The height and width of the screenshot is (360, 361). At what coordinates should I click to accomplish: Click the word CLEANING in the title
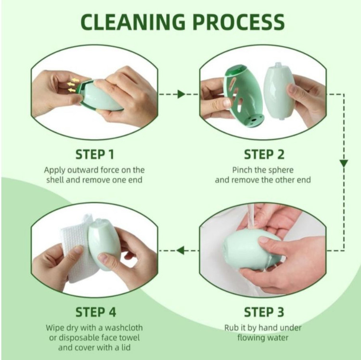coord(133,22)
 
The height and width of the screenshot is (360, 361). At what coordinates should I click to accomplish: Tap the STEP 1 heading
coord(95,154)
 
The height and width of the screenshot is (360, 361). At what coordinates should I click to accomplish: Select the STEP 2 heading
coord(264,154)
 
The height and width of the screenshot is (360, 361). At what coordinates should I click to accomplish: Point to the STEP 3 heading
coord(264,312)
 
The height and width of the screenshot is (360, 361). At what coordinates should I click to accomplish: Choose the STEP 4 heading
coord(96,312)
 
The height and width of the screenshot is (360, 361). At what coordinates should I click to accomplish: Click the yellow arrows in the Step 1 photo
coord(73,85)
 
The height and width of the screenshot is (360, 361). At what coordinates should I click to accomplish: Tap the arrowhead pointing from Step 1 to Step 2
coord(181,94)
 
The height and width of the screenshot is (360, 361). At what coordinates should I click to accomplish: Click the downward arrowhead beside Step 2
coord(344,164)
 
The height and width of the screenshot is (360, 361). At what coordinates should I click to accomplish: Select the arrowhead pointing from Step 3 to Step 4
coord(180,250)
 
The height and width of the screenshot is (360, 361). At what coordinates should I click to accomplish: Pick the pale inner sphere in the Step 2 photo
coord(279,90)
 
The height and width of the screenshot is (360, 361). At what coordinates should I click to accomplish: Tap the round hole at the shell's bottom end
coord(254,120)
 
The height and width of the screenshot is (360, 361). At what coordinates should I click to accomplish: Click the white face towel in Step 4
coord(76,249)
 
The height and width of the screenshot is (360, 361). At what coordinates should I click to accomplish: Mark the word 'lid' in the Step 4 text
coord(126,347)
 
